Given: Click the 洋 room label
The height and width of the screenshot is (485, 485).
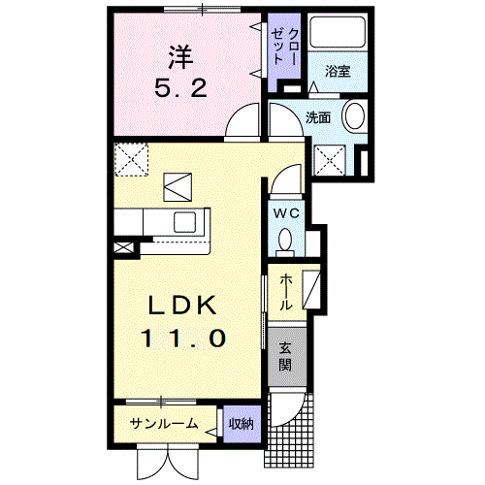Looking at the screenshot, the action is pyautogui.click(x=180, y=57).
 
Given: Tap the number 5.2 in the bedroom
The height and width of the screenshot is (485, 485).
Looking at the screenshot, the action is pyautogui.click(x=180, y=88).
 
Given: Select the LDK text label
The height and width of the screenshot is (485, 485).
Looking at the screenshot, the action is pyautogui.click(x=182, y=306).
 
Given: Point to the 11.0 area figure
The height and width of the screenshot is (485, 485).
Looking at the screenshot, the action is pyautogui.click(x=182, y=339).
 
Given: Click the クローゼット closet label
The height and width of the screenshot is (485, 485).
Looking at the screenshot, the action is pyautogui.click(x=284, y=47).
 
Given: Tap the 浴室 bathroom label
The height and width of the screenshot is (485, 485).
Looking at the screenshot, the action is pyautogui.click(x=338, y=71).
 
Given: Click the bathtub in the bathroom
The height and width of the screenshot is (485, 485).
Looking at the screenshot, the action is pyautogui.click(x=338, y=32).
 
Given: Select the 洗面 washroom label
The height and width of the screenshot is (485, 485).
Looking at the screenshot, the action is pyautogui.click(x=318, y=117).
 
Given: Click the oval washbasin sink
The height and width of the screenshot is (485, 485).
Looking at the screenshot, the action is pyautogui.click(x=355, y=116).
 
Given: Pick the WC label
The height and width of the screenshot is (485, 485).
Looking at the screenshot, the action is pyautogui.click(x=286, y=213).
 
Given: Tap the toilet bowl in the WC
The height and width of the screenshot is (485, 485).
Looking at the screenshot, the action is pyautogui.click(x=285, y=241).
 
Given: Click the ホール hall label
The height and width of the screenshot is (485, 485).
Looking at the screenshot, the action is pyautogui.click(x=286, y=292).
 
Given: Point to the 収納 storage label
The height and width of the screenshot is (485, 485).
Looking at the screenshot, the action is pyautogui.click(x=242, y=424).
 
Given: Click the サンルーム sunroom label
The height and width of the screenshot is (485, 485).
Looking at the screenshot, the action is pyautogui.click(x=164, y=423).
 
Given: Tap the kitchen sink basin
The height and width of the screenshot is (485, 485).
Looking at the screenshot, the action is pyautogui.click(x=185, y=222).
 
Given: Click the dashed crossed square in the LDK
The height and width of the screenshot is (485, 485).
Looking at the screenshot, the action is pyautogui.click(x=131, y=160).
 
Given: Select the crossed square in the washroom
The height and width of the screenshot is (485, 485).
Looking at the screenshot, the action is pyautogui.click(x=330, y=160).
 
